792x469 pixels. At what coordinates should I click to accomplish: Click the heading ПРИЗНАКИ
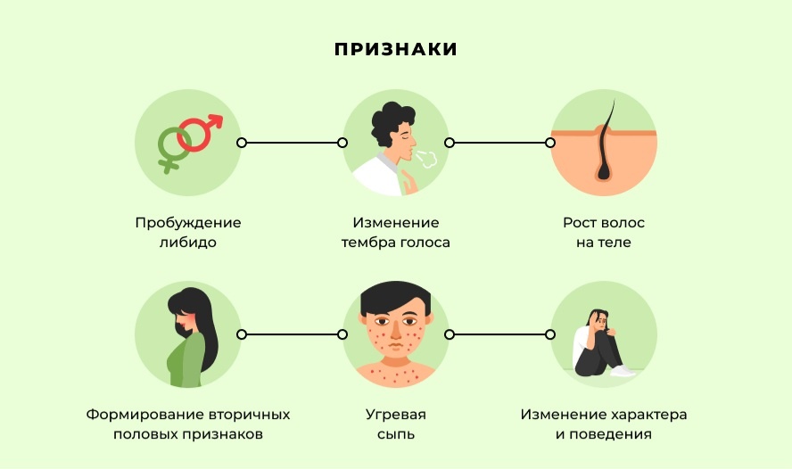click(396, 49)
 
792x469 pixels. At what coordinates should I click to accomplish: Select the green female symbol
click(170, 145)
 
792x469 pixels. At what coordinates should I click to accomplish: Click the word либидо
click(188, 243)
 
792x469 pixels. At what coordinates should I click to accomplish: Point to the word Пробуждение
click(188, 223)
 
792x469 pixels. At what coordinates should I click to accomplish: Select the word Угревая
click(396, 416)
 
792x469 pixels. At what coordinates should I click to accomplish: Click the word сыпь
click(396, 435)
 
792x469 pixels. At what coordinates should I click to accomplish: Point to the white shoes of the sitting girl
click(622, 370)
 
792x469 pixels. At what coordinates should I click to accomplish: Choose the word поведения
click(613, 435)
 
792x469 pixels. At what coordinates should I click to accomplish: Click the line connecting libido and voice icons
click(292, 143)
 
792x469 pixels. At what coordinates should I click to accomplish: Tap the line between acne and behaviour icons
click(500, 334)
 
